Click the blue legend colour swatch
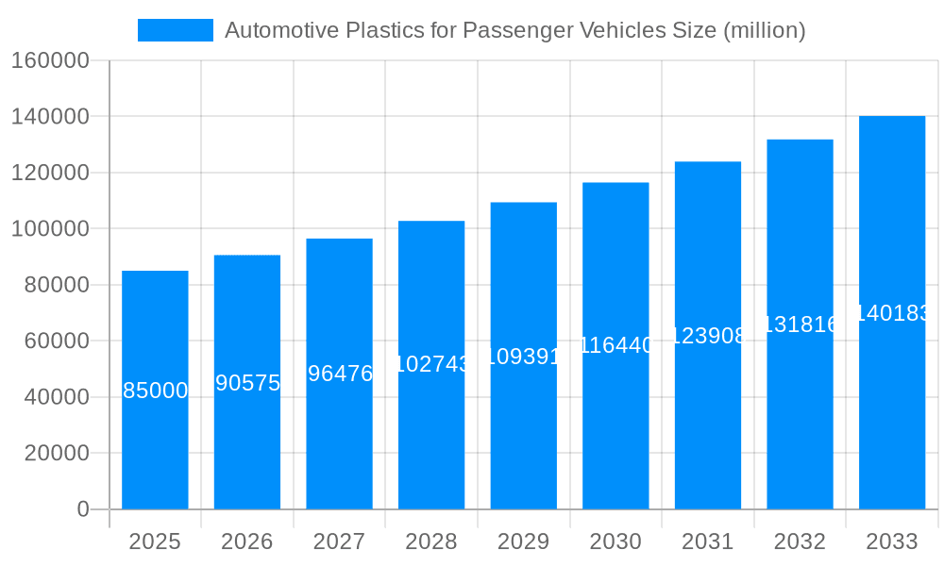[176, 30]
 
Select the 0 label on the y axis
[83, 509]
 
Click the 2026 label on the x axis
[247, 541]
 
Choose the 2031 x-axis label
[708, 541]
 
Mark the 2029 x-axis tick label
[524, 541]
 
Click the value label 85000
[156, 391]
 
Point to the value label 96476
[340, 374]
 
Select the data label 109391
[524, 357]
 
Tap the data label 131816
[800, 325]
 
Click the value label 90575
[247, 383]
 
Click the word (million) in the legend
[764, 30]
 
